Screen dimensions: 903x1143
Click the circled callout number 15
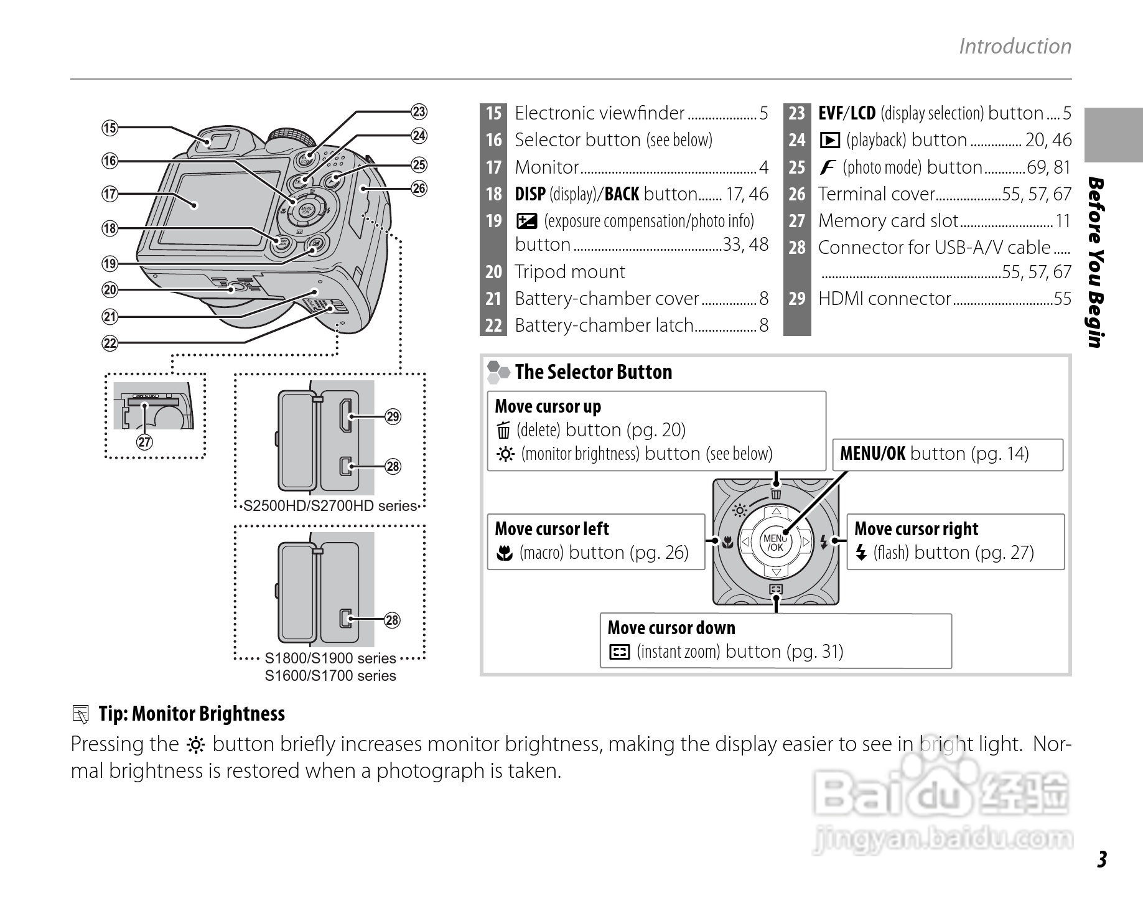point(110,128)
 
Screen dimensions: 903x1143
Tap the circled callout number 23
point(419,112)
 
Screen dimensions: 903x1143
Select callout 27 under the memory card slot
point(144,442)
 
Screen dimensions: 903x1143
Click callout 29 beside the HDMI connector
point(393,416)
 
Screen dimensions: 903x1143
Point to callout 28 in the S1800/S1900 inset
point(392,620)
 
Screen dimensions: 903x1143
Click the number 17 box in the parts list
point(493,167)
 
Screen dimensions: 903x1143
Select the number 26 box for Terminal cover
point(797,194)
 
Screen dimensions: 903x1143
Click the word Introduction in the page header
point(1015,46)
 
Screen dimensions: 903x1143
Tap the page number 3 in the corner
point(1101,859)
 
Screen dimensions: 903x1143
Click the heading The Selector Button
point(593,372)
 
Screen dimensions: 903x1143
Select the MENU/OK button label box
point(947,454)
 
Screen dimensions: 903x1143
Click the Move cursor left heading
point(552,529)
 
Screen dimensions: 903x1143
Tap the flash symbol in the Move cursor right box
point(861,553)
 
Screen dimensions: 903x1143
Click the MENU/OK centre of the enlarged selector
point(775,543)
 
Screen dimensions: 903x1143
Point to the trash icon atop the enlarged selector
point(776,494)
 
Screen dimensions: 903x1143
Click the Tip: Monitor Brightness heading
point(191,714)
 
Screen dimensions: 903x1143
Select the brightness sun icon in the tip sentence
point(195,745)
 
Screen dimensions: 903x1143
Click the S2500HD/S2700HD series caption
point(330,506)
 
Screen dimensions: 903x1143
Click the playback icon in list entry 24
point(829,141)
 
